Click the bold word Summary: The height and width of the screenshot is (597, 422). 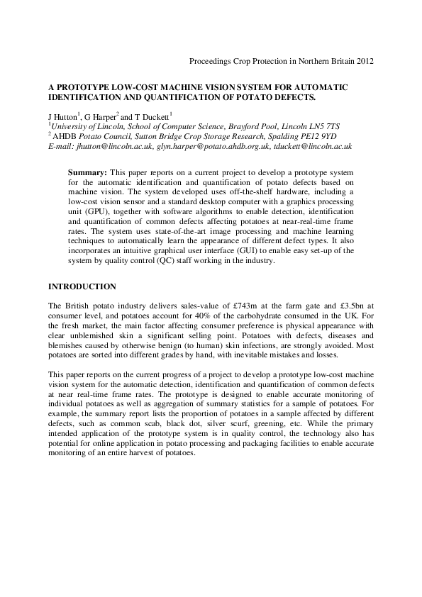[87, 172]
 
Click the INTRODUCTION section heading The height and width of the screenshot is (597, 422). [82, 286]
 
